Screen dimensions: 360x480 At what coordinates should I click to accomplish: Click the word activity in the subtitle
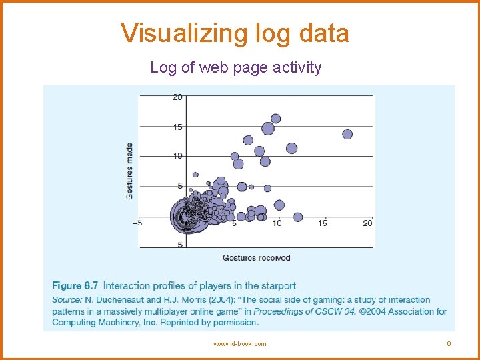pyautogui.click(x=297, y=67)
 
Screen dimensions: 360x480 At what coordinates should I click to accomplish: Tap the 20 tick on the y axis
pyautogui.click(x=177, y=97)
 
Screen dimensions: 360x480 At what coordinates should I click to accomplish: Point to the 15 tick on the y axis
pyautogui.click(x=177, y=127)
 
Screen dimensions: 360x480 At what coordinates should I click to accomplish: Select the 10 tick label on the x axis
pyautogui.click(x=277, y=223)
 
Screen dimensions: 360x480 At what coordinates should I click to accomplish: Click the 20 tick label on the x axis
pyautogui.click(x=367, y=223)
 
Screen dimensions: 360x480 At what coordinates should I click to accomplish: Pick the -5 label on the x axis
pyautogui.click(x=137, y=223)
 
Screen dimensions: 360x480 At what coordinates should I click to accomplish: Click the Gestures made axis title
pyautogui.click(x=129, y=171)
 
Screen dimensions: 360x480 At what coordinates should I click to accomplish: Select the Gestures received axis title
pyautogui.click(x=257, y=257)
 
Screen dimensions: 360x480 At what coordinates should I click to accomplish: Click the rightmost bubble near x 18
pyautogui.click(x=347, y=134)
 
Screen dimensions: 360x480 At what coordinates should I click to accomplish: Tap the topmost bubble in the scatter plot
pyautogui.click(x=275, y=119)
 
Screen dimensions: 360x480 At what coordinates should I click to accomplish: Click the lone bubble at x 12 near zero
pyautogui.click(x=298, y=217)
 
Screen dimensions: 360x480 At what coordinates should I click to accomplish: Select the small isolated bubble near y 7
pyautogui.click(x=195, y=175)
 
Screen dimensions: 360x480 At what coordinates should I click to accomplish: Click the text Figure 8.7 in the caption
pyautogui.click(x=75, y=286)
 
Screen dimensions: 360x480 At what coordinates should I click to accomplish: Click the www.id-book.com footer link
pyautogui.click(x=239, y=344)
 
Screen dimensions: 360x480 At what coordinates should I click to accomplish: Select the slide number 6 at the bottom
pyautogui.click(x=449, y=344)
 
